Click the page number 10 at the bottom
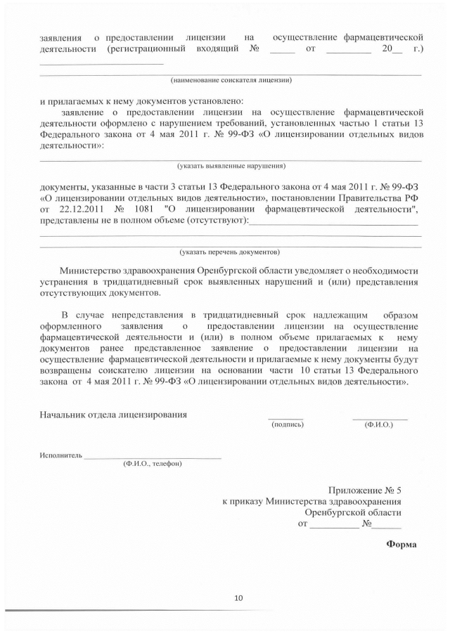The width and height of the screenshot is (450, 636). tap(238, 598)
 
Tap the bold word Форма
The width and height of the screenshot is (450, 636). tap(401, 544)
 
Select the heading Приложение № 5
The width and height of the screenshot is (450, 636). tap(365, 490)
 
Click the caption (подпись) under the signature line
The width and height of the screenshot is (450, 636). tap(287, 424)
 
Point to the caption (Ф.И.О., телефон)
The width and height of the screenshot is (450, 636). tap(152, 464)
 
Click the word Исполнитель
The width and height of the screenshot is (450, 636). tap(61, 455)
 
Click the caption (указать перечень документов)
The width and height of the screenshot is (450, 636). tap(230, 251)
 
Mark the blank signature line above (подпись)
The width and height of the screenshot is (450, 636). tap(285, 418)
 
